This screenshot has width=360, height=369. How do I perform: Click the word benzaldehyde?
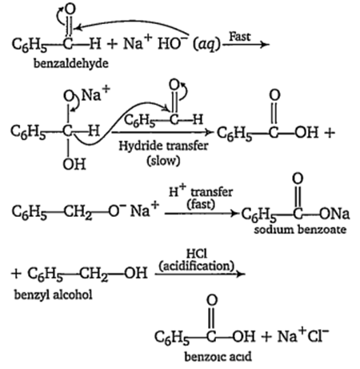[x=71, y=63]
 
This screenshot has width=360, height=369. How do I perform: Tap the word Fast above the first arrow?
[x=240, y=36]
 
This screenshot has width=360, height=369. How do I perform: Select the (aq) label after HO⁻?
[x=206, y=44]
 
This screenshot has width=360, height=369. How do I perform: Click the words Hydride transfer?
[x=163, y=146]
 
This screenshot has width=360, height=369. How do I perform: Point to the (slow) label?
[x=163, y=160]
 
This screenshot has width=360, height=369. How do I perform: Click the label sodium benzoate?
[x=300, y=230]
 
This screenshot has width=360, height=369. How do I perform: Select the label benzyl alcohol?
[x=54, y=295]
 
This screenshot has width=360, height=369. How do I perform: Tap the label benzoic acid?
[x=218, y=356]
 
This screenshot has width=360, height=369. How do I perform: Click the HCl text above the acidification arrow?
[x=197, y=254]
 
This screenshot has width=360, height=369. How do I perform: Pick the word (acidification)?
[x=197, y=266]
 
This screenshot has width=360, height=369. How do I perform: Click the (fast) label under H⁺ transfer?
[x=201, y=204]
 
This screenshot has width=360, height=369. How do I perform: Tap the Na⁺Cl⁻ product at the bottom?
[x=303, y=335]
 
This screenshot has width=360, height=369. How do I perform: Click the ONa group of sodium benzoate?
[x=334, y=214]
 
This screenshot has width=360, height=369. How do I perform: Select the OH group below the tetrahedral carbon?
[x=74, y=164]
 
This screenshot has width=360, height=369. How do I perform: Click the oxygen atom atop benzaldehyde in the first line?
[x=70, y=10]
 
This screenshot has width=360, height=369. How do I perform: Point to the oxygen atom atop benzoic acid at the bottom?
[x=212, y=300]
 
